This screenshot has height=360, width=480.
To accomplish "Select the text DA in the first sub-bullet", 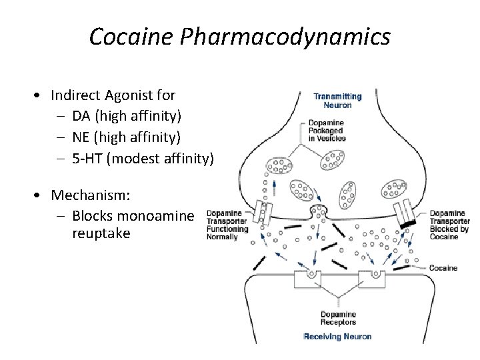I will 81,117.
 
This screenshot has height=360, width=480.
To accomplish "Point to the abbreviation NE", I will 81,137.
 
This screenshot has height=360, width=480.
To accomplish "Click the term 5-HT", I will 91,158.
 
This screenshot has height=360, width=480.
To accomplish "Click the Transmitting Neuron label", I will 337,101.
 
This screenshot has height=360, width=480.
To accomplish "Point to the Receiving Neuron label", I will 337,336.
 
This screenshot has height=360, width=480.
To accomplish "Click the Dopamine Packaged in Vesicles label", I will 326,131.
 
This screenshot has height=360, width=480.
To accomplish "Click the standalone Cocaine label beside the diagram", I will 443,268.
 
